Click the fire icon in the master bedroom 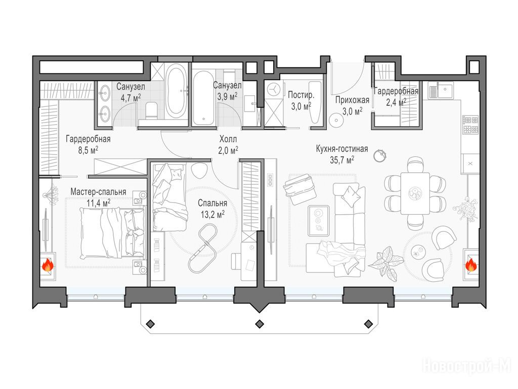pyautogui.click(x=48, y=265)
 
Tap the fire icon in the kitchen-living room pyautogui.click(x=471, y=265)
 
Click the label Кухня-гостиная pyautogui.click(x=342, y=149)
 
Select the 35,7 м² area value pyautogui.click(x=342, y=160)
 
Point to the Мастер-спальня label pyautogui.click(x=98, y=192)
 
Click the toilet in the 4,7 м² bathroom pyautogui.click(x=151, y=111)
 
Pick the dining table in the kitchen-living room pyautogui.click(x=415, y=193)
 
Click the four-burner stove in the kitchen pyautogui.click(x=470, y=125)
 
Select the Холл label pyautogui.click(x=228, y=139)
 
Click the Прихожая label pyautogui.click(x=352, y=100)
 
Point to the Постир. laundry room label pyautogui.click(x=301, y=95)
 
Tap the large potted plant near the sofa pyautogui.click(x=385, y=261)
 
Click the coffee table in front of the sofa pyautogui.click(x=319, y=220)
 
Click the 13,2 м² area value pyautogui.click(x=213, y=215)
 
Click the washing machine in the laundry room pyautogui.click(x=274, y=89)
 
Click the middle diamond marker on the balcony pyautogui.click(x=260, y=324)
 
